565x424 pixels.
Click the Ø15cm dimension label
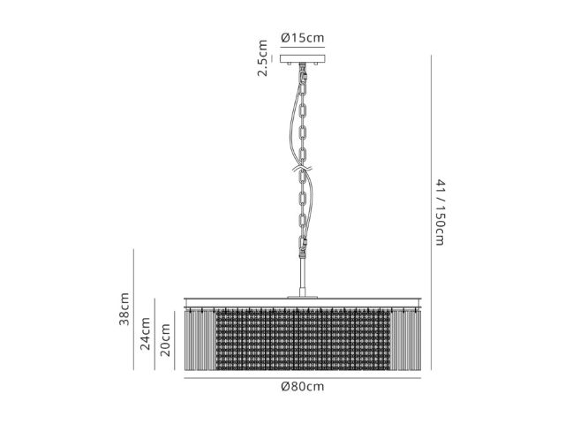(x=302, y=37)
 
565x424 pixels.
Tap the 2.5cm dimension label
(x=262, y=58)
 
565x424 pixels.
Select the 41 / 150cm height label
(x=440, y=213)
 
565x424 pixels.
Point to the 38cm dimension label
(x=124, y=309)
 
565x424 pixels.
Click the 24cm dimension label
(x=145, y=334)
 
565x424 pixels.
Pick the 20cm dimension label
(x=165, y=340)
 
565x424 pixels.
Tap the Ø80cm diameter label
(x=302, y=387)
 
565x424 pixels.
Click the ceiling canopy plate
(x=303, y=59)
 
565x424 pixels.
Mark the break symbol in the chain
(x=303, y=169)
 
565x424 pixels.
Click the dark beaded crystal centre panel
(x=303, y=339)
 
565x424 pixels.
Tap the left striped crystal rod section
(x=200, y=341)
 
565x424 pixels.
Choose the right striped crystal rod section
(x=405, y=341)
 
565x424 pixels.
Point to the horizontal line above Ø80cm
(x=302, y=378)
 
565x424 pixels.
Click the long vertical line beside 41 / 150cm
(x=431, y=213)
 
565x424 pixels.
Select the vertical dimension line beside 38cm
(x=133, y=309)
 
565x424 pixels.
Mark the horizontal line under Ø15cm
(x=303, y=47)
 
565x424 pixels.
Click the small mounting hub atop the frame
(x=303, y=297)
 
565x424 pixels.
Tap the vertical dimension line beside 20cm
(x=175, y=341)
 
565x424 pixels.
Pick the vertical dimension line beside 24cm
(x=155, y=334)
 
